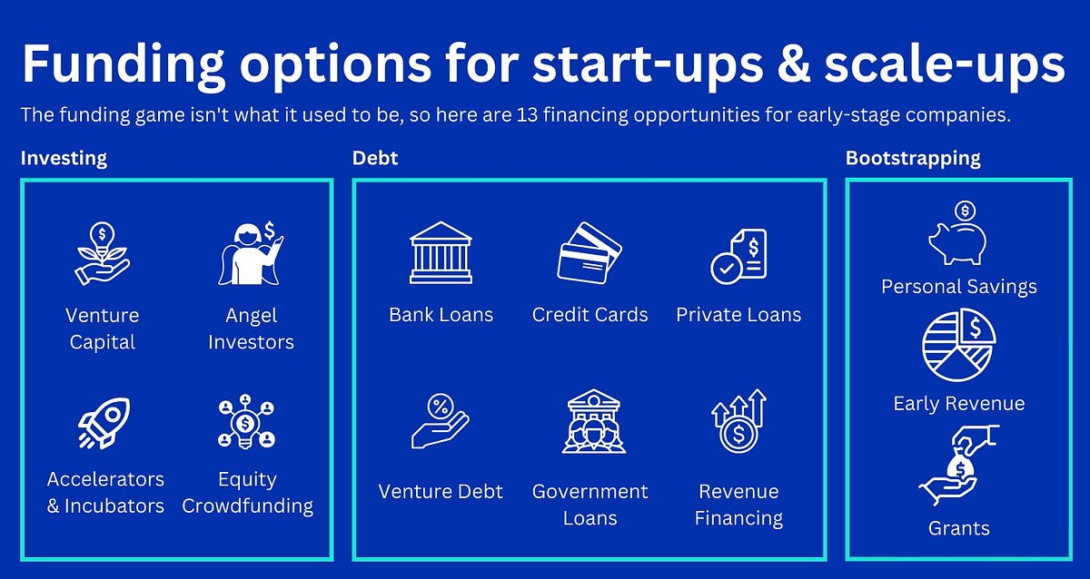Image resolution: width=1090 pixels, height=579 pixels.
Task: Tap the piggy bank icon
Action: (957, 235)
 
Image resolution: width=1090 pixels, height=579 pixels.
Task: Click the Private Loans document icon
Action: (738, 254)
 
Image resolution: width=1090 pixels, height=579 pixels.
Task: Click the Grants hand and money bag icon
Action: (958, 466)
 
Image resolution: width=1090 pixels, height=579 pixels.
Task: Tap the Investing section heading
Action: (64, 158)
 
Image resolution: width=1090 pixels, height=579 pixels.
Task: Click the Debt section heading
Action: (374, 158)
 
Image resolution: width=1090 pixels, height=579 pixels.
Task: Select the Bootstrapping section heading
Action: (913, 158)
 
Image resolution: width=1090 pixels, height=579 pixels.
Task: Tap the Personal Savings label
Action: (958, 287)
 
